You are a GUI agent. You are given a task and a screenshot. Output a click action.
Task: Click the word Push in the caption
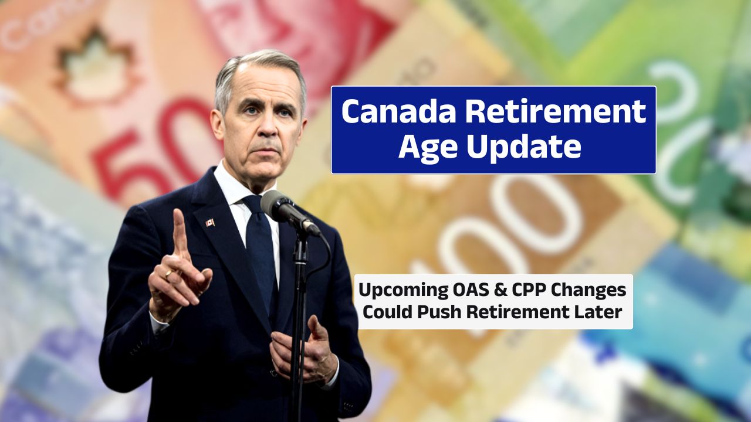tap(441, 312)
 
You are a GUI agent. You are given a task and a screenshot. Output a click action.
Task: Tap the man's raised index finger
tap(179, 232)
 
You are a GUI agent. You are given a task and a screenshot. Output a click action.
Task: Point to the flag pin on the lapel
tap(209, 223)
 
